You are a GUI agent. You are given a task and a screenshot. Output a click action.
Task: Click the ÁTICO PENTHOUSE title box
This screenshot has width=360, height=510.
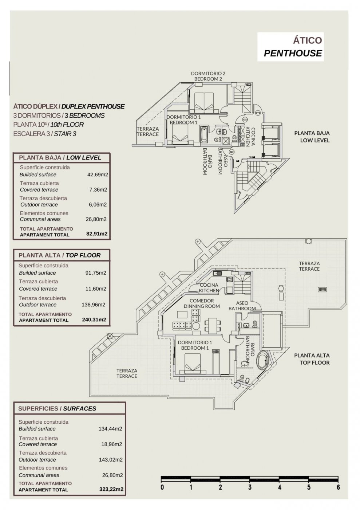click(x=290, y=47)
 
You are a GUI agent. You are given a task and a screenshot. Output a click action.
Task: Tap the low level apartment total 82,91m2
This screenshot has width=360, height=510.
click(x=97, y=234)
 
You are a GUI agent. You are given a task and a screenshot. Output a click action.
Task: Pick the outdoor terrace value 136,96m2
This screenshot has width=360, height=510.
click(x=94, y=305)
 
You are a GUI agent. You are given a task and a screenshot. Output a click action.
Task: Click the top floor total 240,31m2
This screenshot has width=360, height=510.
click(x=94, y=319)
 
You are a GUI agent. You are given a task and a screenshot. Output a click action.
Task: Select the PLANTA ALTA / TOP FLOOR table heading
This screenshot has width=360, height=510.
click(x=60, y=255)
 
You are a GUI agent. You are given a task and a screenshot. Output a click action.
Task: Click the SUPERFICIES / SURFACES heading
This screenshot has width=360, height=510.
click(x=57, y=408)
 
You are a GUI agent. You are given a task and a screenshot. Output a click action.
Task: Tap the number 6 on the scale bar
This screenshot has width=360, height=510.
click(x=338, y=487)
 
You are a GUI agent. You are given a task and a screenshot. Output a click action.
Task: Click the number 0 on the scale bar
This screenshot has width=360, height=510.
click(x=162, y=487)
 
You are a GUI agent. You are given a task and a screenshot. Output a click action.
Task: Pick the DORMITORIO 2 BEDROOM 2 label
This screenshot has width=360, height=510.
click(x=208, y=76)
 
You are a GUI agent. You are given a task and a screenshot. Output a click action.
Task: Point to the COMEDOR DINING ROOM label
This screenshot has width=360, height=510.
click(x=202, y=303)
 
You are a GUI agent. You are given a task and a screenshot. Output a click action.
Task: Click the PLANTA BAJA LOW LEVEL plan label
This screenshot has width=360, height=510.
click(x=312, y=137)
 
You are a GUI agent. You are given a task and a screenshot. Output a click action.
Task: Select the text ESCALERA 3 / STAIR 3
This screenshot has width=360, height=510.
click(x=45, y=134)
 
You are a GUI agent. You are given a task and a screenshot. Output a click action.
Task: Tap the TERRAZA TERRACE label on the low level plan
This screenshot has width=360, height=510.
click(x=148, y=132)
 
